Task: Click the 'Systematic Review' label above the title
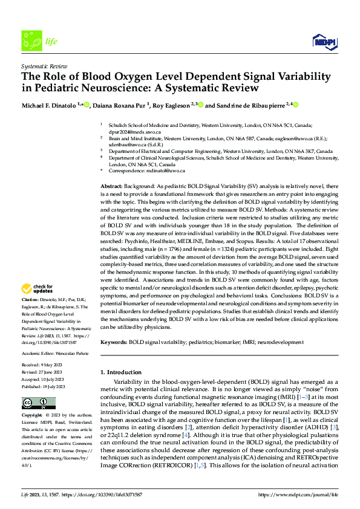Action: click(42, 64)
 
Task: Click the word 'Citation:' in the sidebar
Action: click(31, 300)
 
